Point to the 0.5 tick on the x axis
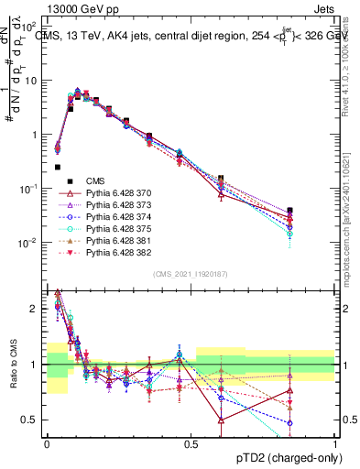[x=191, y=442]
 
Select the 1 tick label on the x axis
[x=335, y=442]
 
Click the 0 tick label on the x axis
[x=47, y=442]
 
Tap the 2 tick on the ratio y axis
[x=37, y=309]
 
